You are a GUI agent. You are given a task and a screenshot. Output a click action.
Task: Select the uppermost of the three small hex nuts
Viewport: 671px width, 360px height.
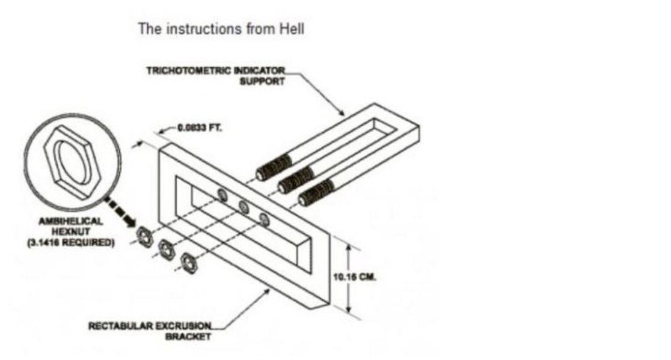tap(145, 233)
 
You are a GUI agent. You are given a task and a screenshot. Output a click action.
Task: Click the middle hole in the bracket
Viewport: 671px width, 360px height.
tap(244, 207)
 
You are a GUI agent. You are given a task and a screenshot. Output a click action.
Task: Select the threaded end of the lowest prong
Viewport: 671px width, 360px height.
tap(316, 192)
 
